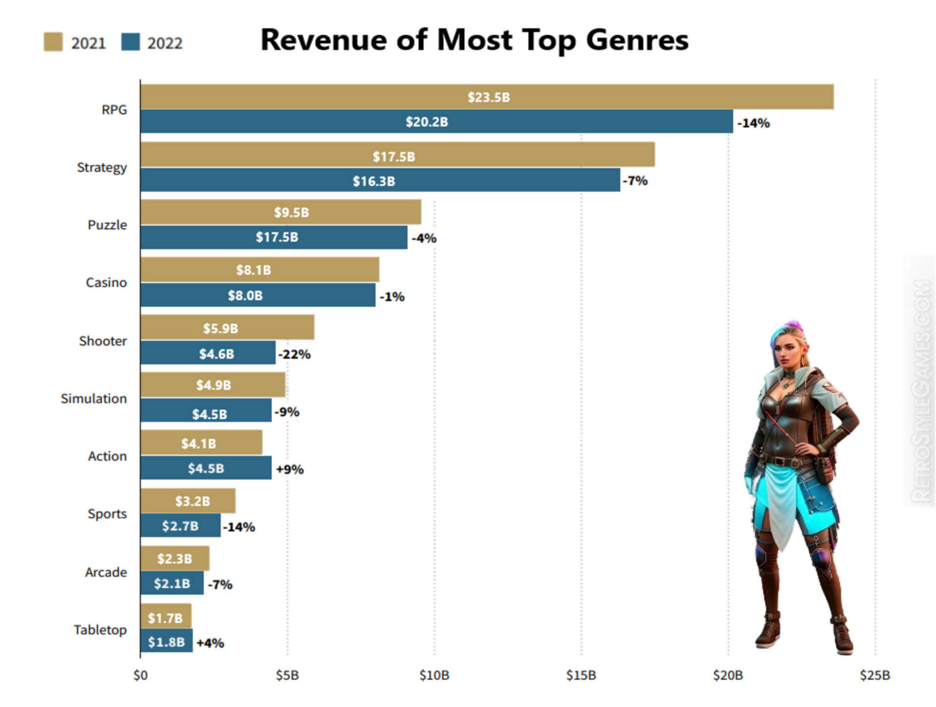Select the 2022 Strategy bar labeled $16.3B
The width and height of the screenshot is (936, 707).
pyautogui.click(x=380, y=180)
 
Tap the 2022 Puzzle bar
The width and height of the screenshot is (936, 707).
pyautogui.click(x=273, y=237)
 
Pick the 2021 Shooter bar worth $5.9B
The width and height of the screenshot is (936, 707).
pyautogui.click(x=227, y=328)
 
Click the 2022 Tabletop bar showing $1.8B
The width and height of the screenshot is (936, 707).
pyautogui.click(x=166, y=641)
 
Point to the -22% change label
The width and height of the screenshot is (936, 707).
pyautogui.click(x=294, y=354)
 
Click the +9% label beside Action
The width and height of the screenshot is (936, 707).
pyautogui.click(x=290, y=470)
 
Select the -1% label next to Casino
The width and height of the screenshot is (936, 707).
pyautogui.click(x=392, y=296)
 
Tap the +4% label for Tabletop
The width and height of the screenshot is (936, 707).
pyautogui.click(x=210, y=643)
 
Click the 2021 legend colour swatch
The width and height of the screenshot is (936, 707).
pyautogui.click(x=53, y=42)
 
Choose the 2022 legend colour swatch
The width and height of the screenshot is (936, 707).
pyautogui.click(x=130, y=42)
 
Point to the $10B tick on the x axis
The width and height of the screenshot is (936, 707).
pyautogui.click(x=434, y=675)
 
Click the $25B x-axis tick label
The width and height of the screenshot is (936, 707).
pyautogui.click(x=875, y=675)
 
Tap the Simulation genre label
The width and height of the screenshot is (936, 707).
pyautogui.click(x=94, y=399)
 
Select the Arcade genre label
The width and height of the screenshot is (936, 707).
pyautogui.click(x=106, y=572)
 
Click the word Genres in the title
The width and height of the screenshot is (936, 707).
pyautogui.click(x=637, y=40)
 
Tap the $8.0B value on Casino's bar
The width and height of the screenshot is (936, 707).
pyautogui.click(x=245, y=295)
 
